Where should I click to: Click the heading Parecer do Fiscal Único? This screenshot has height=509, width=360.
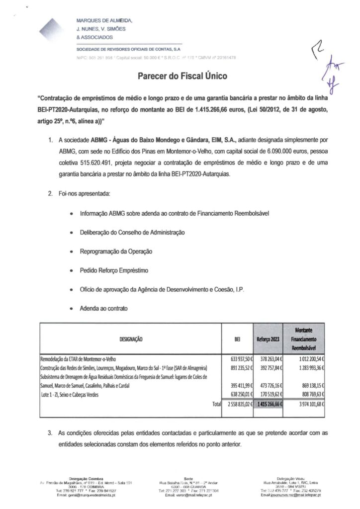tap(180, 77)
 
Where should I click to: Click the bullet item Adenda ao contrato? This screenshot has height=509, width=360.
tap(103, 308)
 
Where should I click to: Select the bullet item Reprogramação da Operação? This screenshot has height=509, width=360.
tap(116, 252)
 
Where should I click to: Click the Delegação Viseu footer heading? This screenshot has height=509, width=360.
tap(288, 476)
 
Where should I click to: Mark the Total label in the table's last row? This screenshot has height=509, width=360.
tap(215, 404)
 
